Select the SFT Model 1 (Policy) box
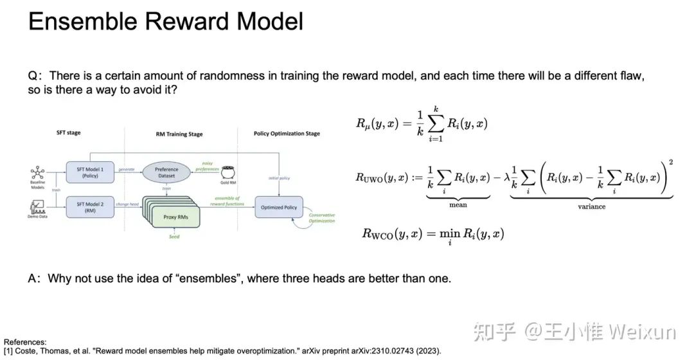[x=89, y=172]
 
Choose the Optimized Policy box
[x=279, y=207]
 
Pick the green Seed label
[x=173, y=237]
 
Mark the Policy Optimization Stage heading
[x=278, y=134]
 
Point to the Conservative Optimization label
[x=322, y=218]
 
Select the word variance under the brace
[x=592, y=206]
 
